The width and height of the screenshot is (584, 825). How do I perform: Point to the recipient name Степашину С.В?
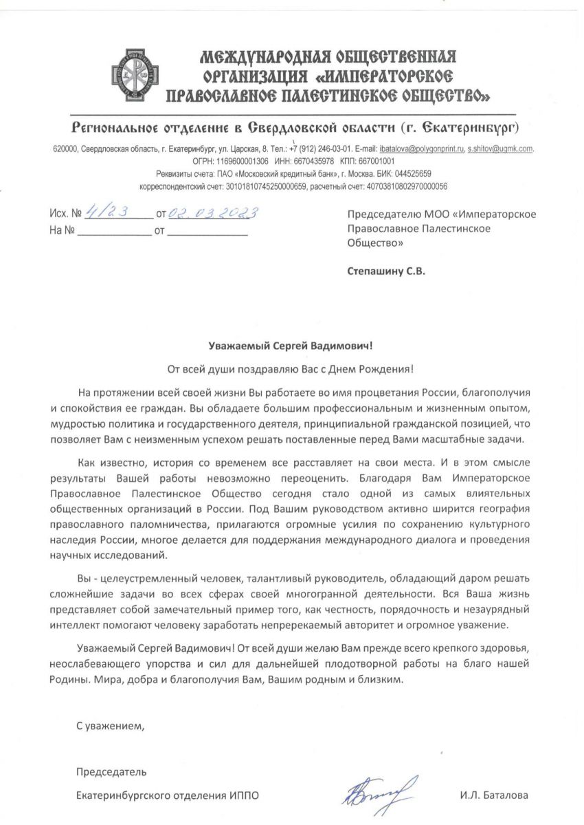tap(385, 271)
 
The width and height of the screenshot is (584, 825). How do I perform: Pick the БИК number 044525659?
tap(411, 173)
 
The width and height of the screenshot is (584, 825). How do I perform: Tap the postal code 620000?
tap(66, 148)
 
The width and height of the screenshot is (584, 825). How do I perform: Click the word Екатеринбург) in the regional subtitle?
tap(481, 128)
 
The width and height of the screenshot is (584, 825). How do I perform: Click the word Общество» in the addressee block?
tap(376, 242)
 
